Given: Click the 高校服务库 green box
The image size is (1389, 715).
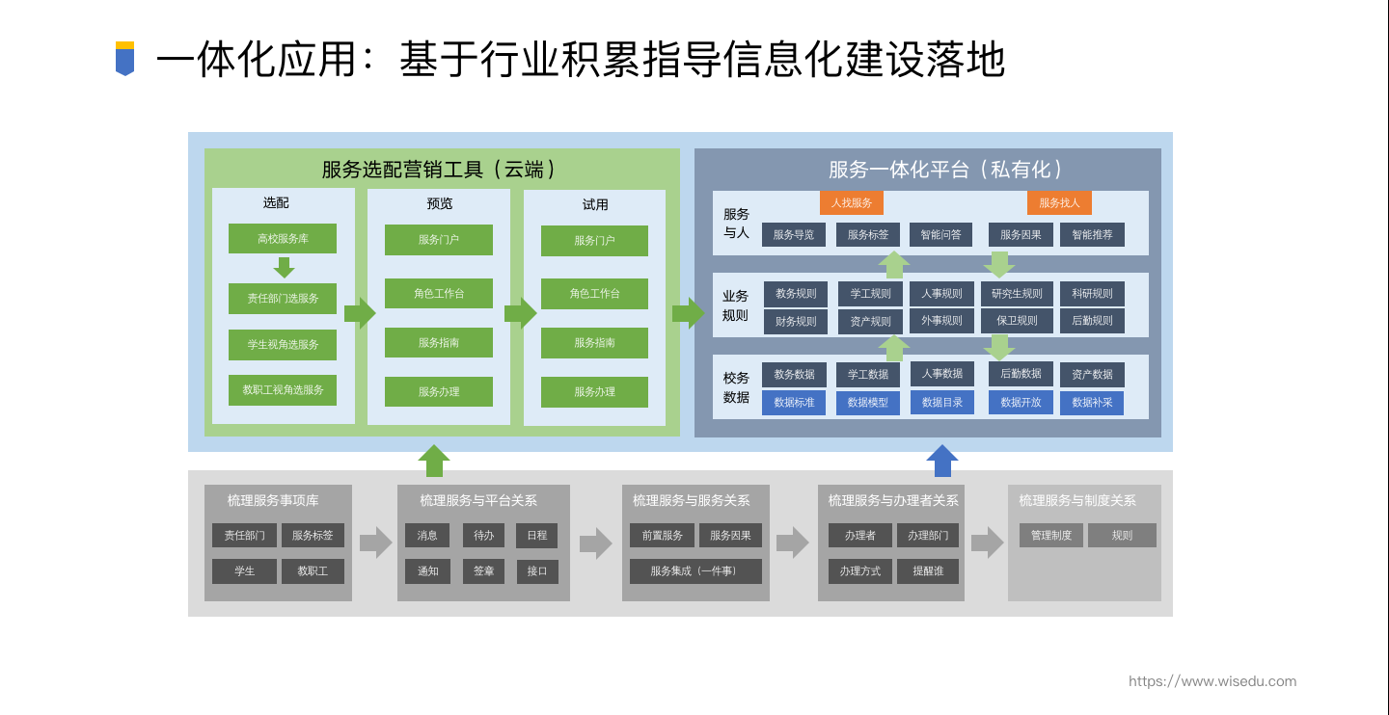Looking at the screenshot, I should click(x=283, y=239).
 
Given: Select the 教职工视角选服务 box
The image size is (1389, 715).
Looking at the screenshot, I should click(x=283, y=390).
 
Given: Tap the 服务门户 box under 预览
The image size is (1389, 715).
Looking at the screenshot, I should click(x=439, y=240).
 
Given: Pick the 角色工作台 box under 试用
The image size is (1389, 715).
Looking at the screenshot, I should click(x=594, y=294).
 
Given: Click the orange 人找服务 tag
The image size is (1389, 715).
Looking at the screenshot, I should click(x=852, y=203).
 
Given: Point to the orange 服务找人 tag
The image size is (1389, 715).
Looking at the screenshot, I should click(x=1059, y=203).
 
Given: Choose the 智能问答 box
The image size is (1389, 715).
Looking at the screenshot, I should click(x=940, y=235).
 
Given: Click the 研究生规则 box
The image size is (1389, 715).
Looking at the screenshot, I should click(x=1017, y=294).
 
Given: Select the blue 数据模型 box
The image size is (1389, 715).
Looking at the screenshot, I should click(x=868, y=403).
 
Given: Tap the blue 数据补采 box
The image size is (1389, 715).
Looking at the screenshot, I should click(x=1092, y=403).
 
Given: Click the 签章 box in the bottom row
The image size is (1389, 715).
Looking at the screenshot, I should click(x=483, y=571).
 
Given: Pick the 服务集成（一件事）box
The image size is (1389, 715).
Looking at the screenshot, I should click(x=695, y=571).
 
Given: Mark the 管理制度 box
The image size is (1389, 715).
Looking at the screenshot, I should click(x=1051, y=536).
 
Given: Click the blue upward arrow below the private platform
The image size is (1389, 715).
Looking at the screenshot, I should click(x=942, y=461).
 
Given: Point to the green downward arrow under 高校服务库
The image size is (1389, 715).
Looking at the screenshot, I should click(x=284, y=268).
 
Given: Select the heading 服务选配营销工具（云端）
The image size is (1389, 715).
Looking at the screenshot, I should click(x=441, y=170).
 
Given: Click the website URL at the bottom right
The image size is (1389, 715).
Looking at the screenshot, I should click(x=1212, y=681).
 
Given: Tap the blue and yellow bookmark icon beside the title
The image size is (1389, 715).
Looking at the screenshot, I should click(x=124, y=59).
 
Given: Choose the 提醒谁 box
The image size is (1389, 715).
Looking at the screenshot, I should click(x=928, y=571).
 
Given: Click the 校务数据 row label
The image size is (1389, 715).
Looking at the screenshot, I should click(x=736, y=387).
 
